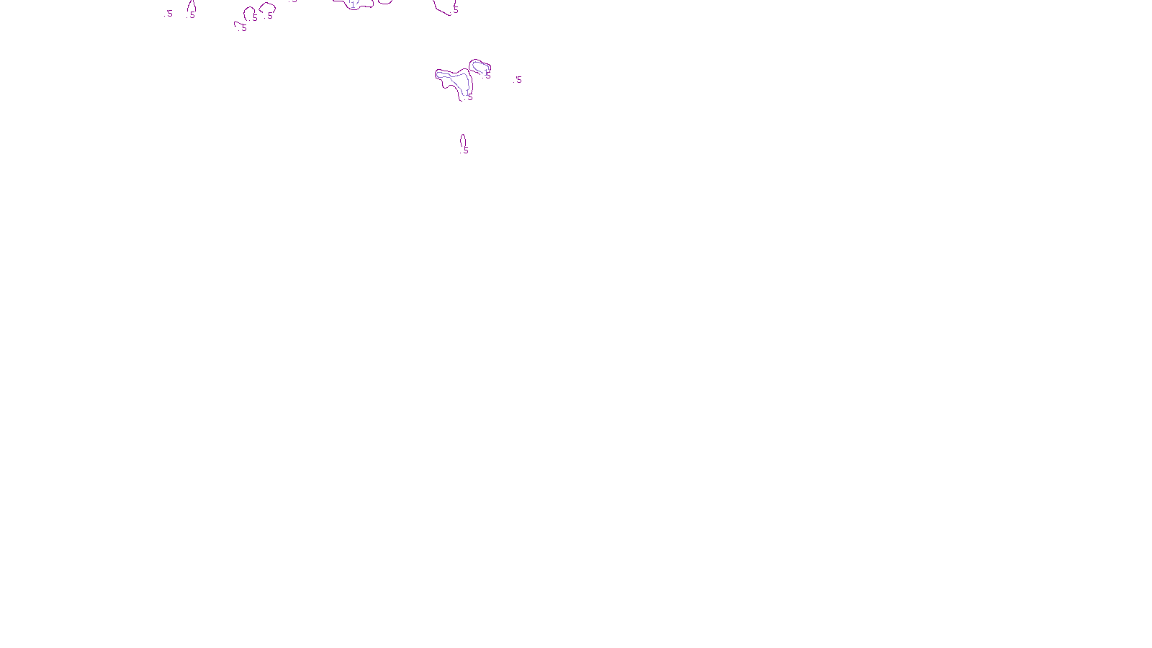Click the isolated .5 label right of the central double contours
coord(518,80)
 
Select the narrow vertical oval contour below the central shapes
coord(462,140)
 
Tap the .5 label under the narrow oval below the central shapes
coord(465,150)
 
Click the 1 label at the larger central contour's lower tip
coord(467,92)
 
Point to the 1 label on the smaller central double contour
coord(486,72)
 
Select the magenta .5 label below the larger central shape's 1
coord(469,98)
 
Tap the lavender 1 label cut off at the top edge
coord(353,4)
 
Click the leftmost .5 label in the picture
coord(169,13)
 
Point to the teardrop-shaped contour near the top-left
coord(192,6)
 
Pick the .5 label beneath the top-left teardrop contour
coord(192,15)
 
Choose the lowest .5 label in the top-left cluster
coord(244,29)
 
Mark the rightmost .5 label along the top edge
coord(455,10)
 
